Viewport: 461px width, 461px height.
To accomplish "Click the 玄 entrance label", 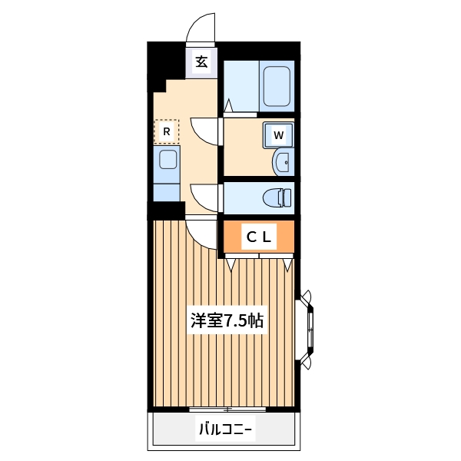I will (x=201, y=61).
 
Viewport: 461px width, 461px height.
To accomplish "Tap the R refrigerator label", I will (x=166, y=131).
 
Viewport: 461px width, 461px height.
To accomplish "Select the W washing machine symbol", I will (x=279, y=136).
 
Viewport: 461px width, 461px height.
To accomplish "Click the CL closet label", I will (x=258, y=237).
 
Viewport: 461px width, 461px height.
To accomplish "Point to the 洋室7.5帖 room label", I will (x=227, y=321).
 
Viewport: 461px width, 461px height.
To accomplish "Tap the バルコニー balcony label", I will (x=224, y=429).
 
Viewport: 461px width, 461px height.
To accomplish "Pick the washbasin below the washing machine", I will (x=282, y=161).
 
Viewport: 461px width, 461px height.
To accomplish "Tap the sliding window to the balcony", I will (x=227, y=409).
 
